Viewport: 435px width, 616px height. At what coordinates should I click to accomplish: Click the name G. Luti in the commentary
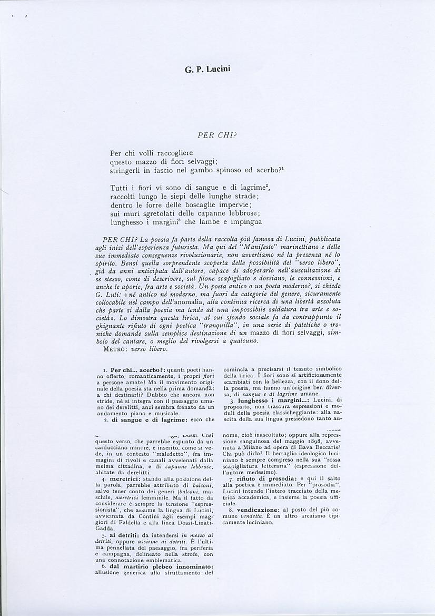(x=109, y=290)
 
